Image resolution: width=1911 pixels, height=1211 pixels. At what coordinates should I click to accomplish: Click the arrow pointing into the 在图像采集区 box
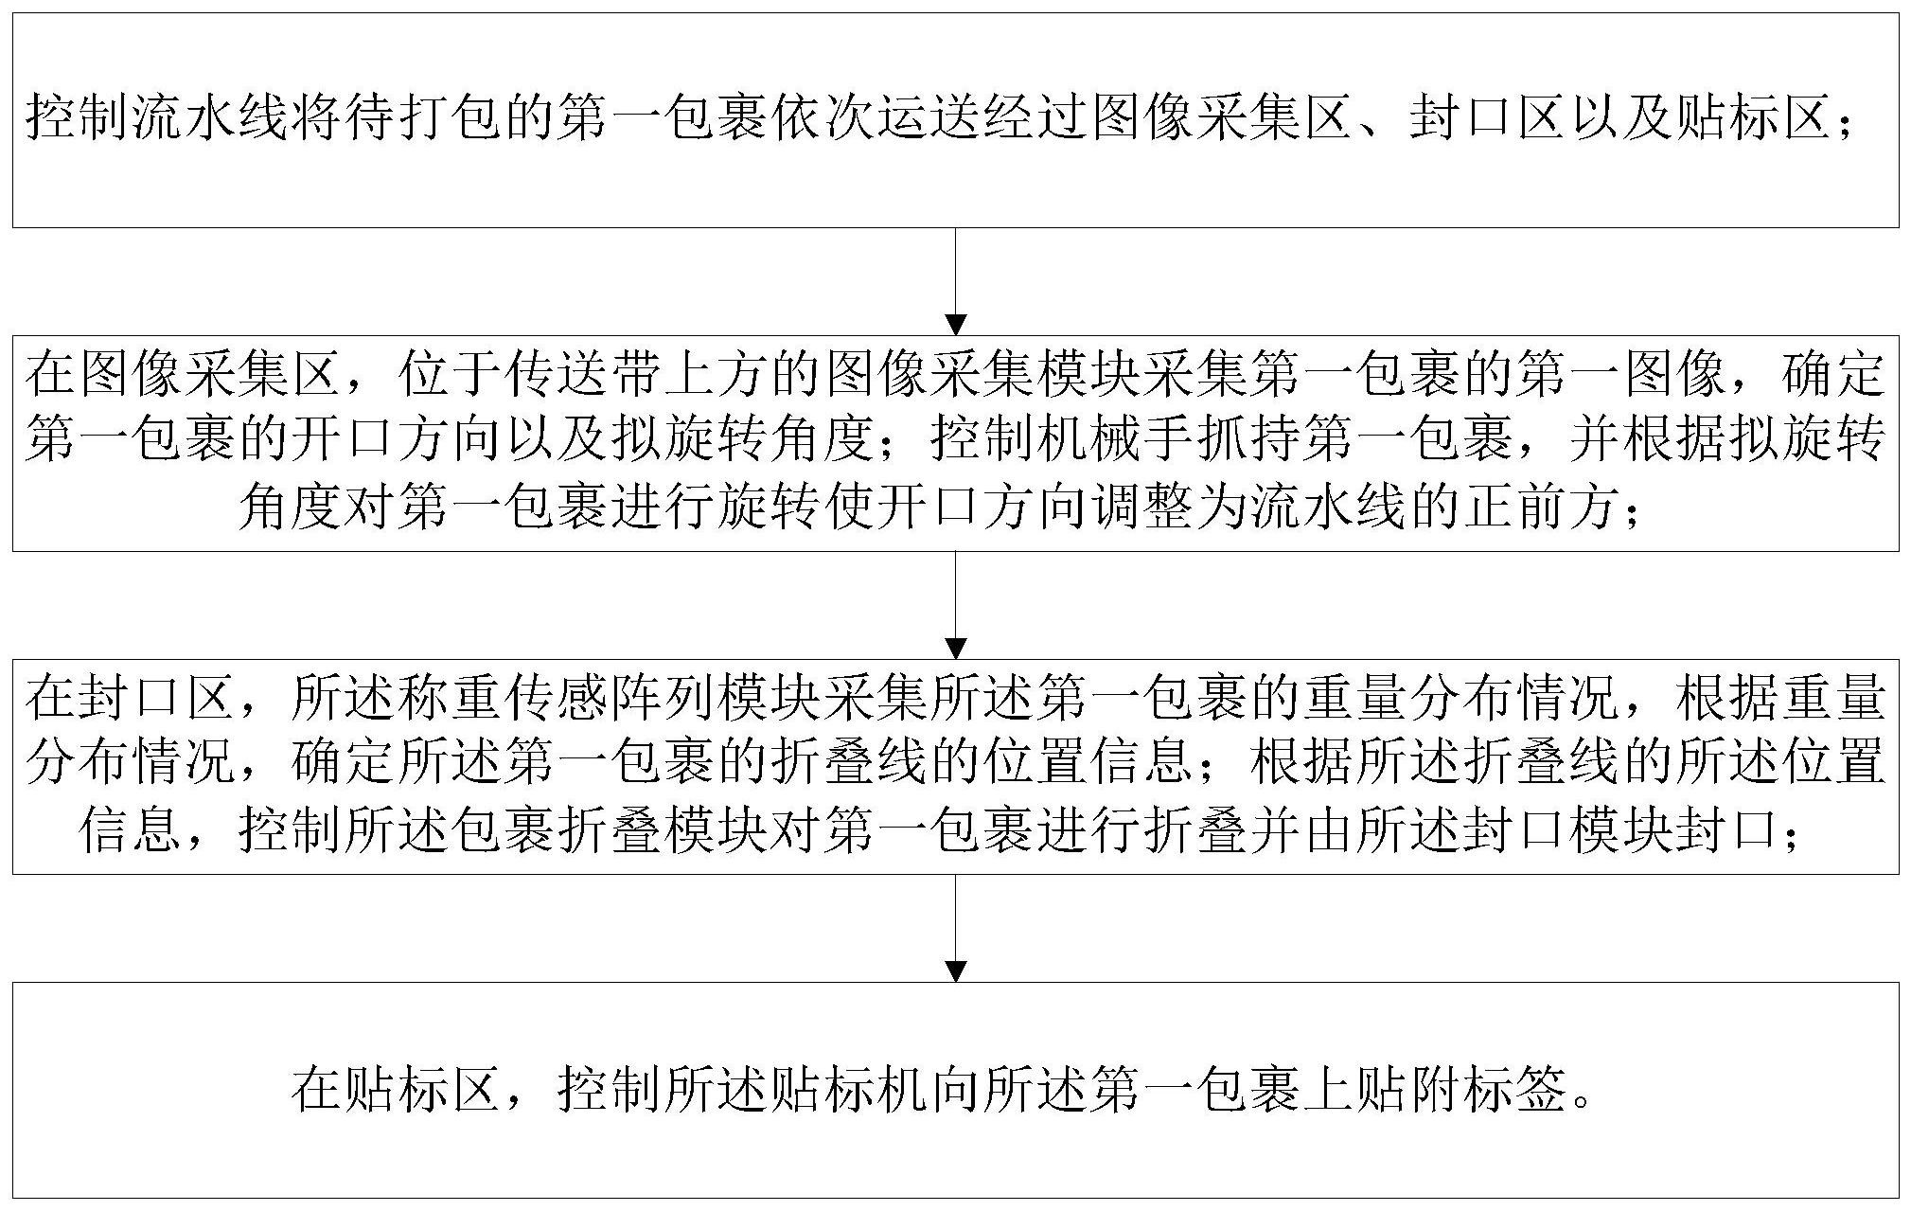coord(956,281)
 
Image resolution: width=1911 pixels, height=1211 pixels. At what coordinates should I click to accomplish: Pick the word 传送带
coord(579,375)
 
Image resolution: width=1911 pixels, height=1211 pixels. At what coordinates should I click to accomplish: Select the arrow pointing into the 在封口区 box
coord(956,605)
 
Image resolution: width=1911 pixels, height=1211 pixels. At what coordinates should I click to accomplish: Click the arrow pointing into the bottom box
coord(956,928)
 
